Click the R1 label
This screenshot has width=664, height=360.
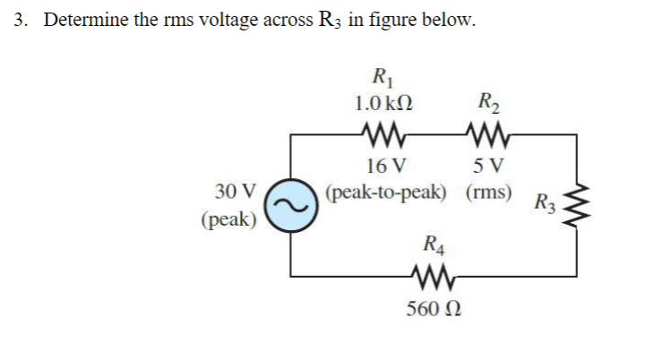click(384, 76)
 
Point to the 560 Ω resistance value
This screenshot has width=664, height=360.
click(433, 309)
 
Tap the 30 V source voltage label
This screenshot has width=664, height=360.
click(236, 191)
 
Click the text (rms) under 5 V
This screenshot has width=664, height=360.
click(489, 192)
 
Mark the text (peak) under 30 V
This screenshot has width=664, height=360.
click(229, 219)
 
